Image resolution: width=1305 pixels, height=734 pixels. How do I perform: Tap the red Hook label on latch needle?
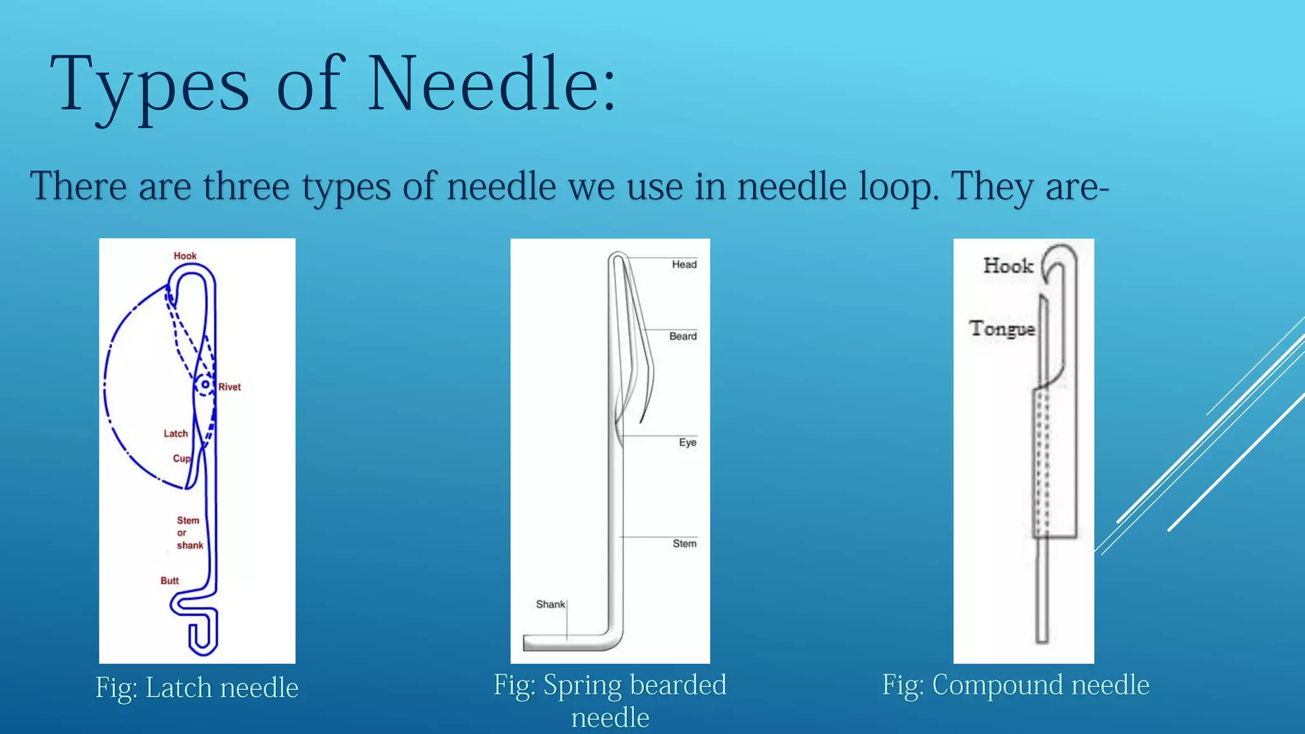click(185, 256)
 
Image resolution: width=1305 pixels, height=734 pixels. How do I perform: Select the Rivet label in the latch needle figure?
click(229, 387)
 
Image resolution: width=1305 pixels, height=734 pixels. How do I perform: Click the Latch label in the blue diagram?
click(176, 433)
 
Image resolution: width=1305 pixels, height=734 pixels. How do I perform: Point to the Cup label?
click(181, 458)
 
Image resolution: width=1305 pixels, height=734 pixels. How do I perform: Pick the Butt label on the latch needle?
click(169, 580)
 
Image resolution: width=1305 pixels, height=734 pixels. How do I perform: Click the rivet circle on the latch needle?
click(205, 385)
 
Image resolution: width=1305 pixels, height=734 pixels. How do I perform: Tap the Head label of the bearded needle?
click(684, 264)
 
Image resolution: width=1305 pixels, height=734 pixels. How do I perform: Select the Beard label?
click(682, 336)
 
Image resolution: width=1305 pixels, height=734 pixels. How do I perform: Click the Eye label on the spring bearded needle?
click(687, 442)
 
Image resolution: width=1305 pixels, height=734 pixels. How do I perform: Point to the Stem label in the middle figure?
click(684, 543)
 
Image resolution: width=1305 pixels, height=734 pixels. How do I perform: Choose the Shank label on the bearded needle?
click(550, 604)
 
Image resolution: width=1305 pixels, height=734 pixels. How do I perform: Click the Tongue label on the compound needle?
click(1002, 329)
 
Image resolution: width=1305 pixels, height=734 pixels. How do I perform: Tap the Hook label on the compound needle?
click(1007, 266)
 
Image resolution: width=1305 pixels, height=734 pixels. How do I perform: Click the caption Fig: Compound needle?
click(1016, 686)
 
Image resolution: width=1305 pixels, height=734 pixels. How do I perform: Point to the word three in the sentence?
click(246, 187)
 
